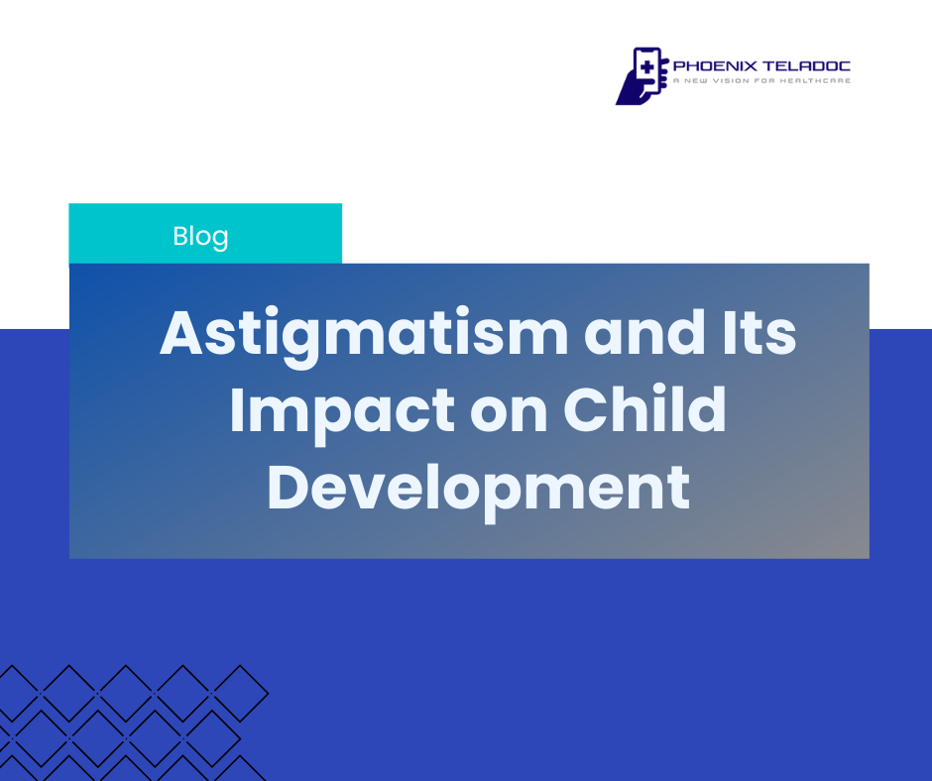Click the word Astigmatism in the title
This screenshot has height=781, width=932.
[364, 336]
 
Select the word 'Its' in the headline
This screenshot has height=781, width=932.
[759, 333]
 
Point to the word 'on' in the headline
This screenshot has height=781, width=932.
[509, 417]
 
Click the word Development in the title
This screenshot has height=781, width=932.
[479, 492]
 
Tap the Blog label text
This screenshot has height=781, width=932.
[201, 237]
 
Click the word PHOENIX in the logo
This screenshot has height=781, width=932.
[715, 66]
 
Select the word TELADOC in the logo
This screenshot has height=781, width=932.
[807, 66]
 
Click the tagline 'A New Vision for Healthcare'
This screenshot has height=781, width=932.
[762, 81]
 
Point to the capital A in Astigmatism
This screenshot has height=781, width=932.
[181, 333]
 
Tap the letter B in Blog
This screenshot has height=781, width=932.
[180, 236]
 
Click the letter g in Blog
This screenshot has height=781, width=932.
[220, 241]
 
